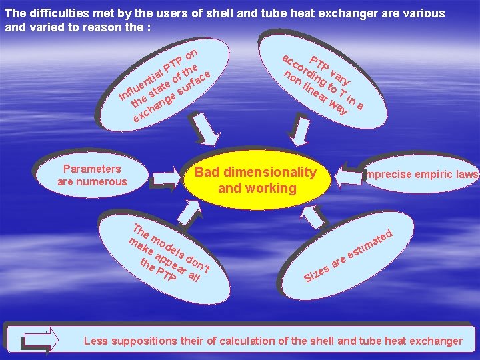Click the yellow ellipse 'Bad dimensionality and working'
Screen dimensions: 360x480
coord(257,180)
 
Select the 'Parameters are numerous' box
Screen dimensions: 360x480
coord(92,175)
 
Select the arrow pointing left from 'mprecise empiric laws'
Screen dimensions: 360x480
coord(347,176)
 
